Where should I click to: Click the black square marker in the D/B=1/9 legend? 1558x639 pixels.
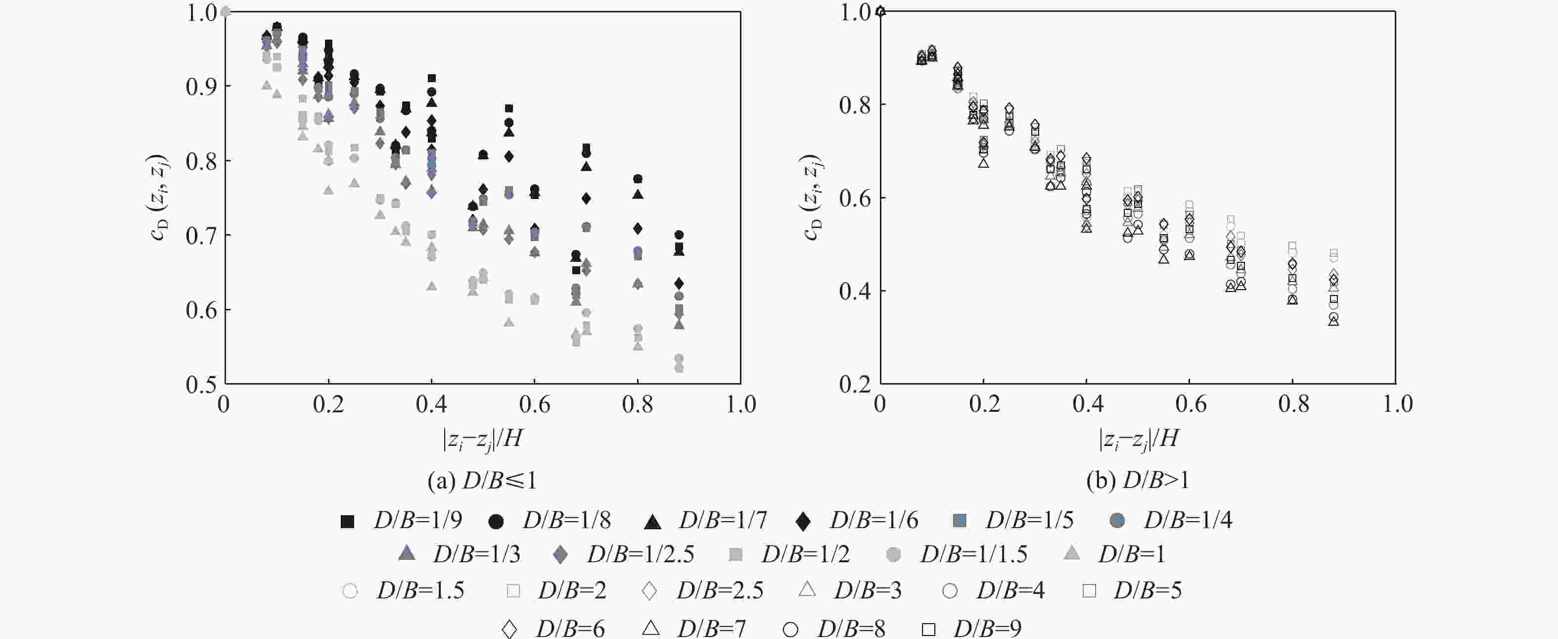point(347,521)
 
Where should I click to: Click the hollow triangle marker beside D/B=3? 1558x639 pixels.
point(807,590)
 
